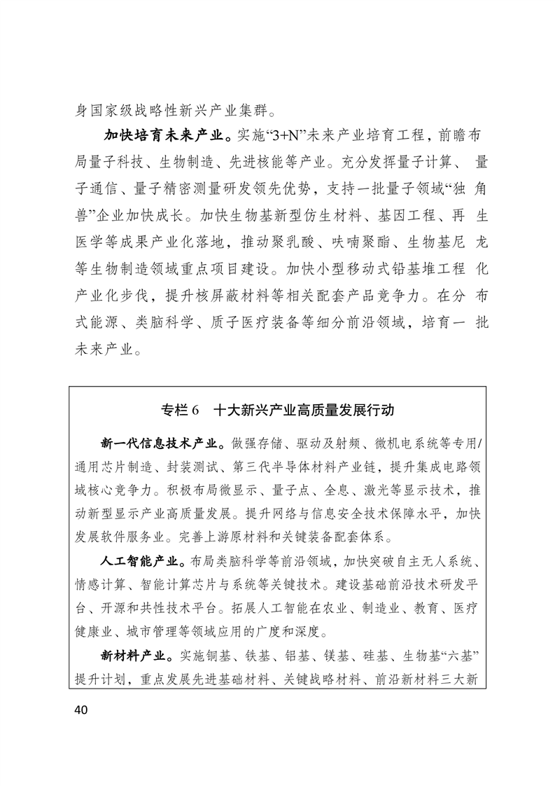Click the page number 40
(x=78, y=710)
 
